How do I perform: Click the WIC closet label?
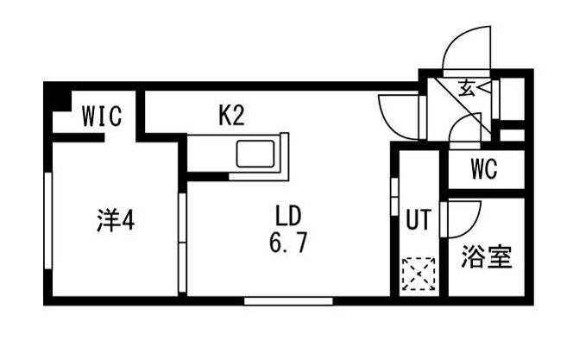point(101,117)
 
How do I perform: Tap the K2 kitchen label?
point(231,117)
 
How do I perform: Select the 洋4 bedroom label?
point(114,221)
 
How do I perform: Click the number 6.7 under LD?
point(287,243)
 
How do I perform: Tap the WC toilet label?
point(484,169)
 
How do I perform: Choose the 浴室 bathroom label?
point(488,256)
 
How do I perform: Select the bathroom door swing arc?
point(463,218)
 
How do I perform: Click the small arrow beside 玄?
point(483,87)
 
